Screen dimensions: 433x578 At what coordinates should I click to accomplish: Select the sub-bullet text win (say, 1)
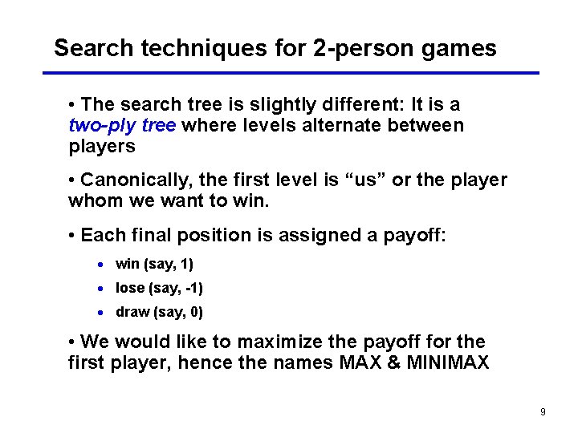[154, 264]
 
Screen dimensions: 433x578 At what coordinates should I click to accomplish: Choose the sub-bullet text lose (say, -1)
[159, 288]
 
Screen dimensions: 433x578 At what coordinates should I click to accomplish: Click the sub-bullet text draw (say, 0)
[159, 312]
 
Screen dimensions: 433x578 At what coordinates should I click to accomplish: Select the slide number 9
[543, 412]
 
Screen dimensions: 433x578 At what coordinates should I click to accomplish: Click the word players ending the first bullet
[102, 148]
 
